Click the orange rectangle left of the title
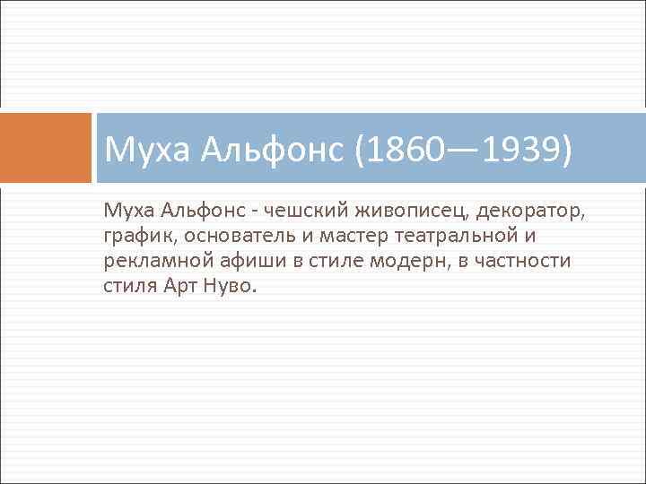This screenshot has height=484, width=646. click(x=46, y=148)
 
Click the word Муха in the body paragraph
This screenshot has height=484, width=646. click(x=128, y=212)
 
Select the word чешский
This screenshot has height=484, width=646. click(x=305, y=212)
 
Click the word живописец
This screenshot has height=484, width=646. click(x=410, y=212)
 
